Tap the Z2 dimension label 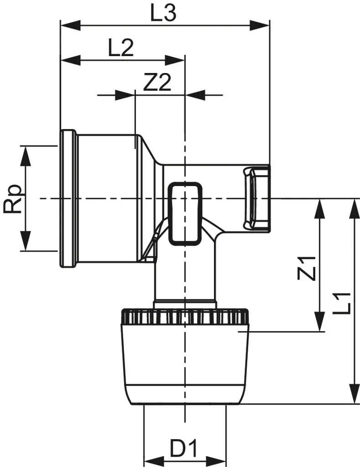tap(157, 83)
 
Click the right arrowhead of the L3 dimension tap(260, 25)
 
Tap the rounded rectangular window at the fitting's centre tap(185, 212)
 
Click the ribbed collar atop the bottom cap tap(184, 316)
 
